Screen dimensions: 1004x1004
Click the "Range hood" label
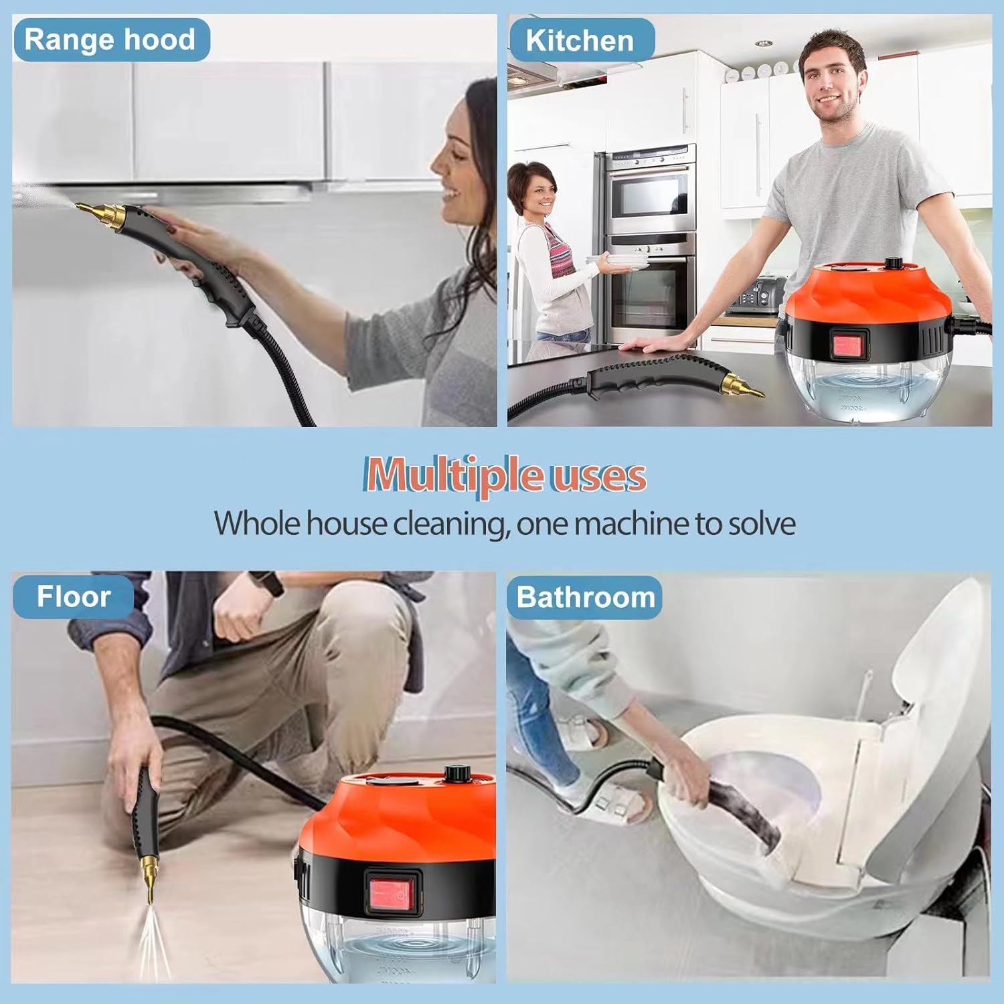coord(110,40)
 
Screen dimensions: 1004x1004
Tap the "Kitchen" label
coord(580,41)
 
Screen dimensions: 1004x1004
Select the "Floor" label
coord(74,596)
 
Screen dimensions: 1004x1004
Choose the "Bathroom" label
coord(585,597)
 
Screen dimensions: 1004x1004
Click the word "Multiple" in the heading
coord(453,476)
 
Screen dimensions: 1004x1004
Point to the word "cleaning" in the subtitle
coord(448,523)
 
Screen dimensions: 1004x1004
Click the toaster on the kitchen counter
coord(756,295)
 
